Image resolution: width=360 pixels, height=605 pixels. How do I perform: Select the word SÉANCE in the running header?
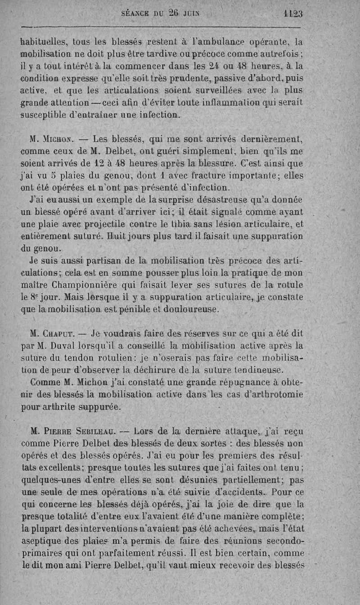[x=136, y=14]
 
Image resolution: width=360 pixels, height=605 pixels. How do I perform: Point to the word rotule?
[x=288, y=284]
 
